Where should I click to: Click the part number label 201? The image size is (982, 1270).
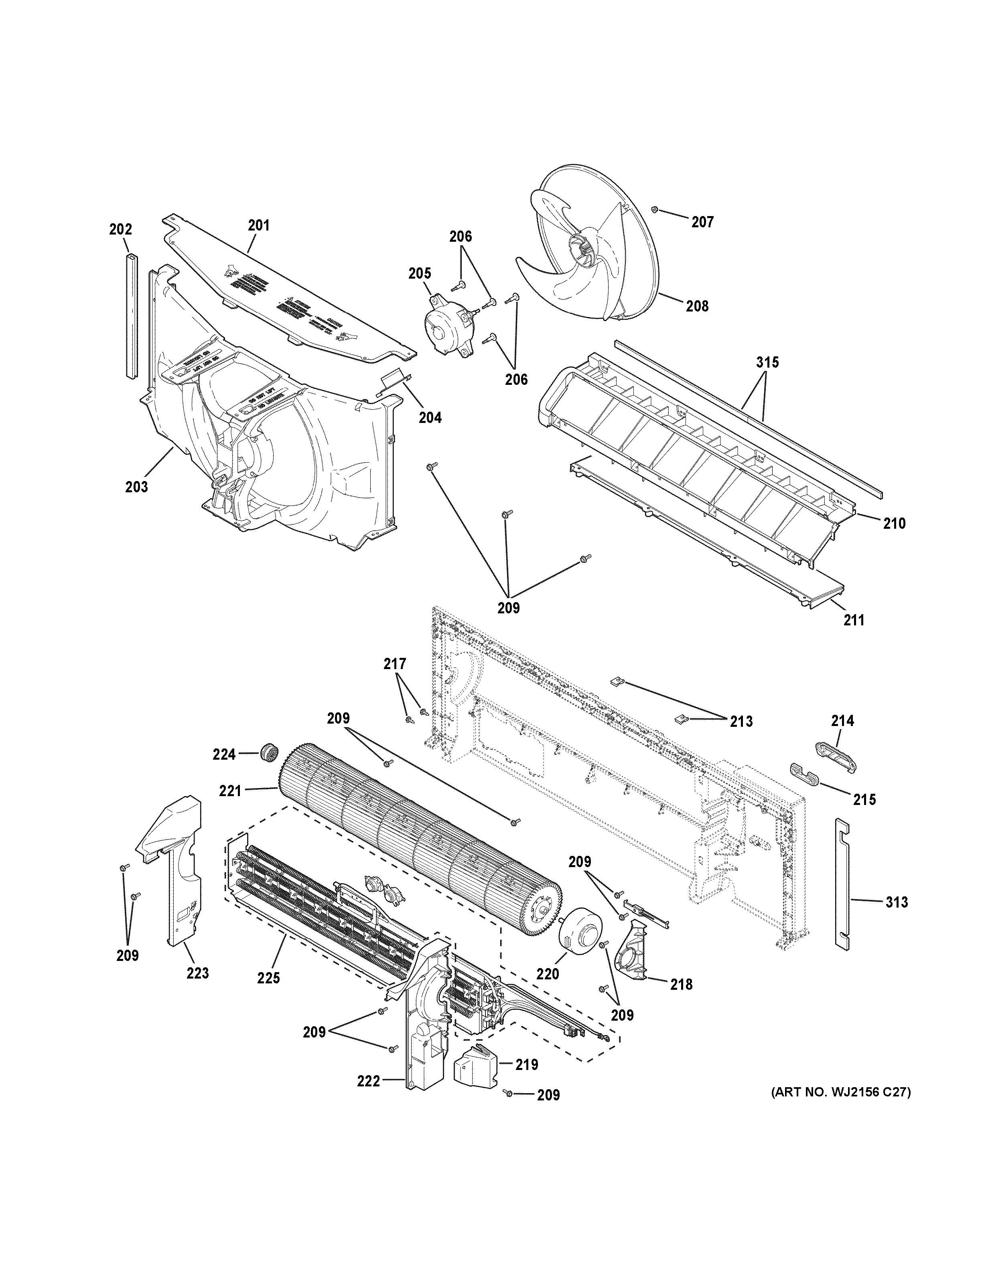[x=259, y=224]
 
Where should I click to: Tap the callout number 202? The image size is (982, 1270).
[x=120, y=229]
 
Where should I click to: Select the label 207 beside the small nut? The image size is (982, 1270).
[x=702, y=222]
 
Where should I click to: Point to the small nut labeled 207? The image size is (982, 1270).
[x=655, y=209]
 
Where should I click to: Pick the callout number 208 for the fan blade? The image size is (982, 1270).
[x=697, y=305]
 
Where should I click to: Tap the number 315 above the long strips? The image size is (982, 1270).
[x=767, y=362]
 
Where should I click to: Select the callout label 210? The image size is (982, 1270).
[x=894, y=523]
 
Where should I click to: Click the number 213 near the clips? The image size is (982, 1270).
[x=741, y=722]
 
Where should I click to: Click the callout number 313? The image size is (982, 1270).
[x=897, y=902]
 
